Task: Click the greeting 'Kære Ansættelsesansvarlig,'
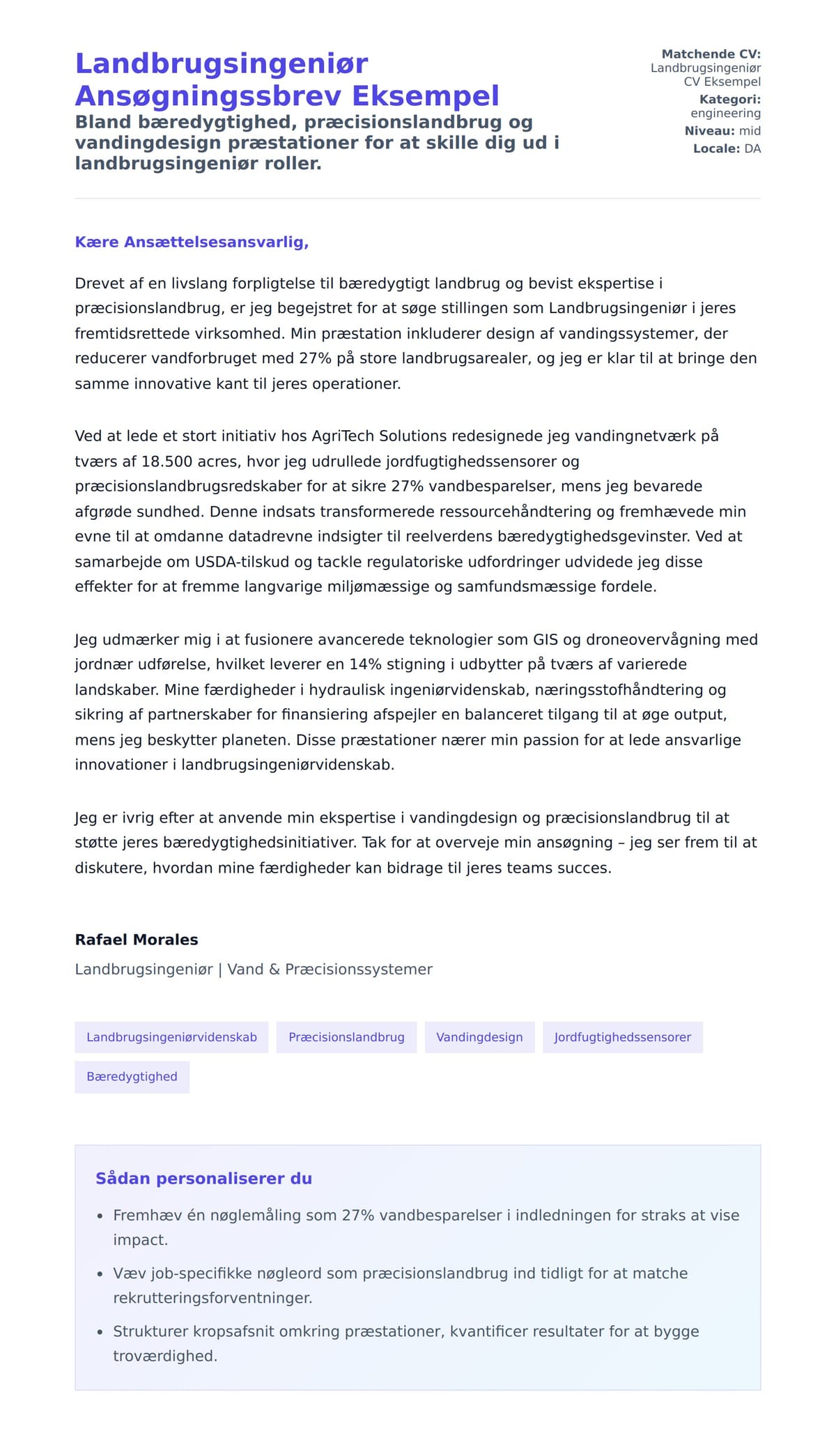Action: tap(192, 242)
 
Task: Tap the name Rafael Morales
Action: tap(137, 940)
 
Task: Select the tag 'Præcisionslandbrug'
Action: tap(346, 1037)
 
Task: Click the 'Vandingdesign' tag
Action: tap(479, 1037)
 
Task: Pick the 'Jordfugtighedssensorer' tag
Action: tap(622, 1037)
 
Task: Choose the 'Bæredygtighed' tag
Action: tap(132, 1077)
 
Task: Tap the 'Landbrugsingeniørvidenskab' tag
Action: tap(171, 1037)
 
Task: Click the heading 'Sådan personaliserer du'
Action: tap(203, 1179)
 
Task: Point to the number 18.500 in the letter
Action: tap(167, 461)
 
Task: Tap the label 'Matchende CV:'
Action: tap(711, 54)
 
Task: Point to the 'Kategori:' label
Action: tap(729, 100)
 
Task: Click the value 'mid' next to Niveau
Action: tap(750, 131)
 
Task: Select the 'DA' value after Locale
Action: tap(752, 148)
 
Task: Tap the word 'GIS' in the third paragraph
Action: tap(545, 640)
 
